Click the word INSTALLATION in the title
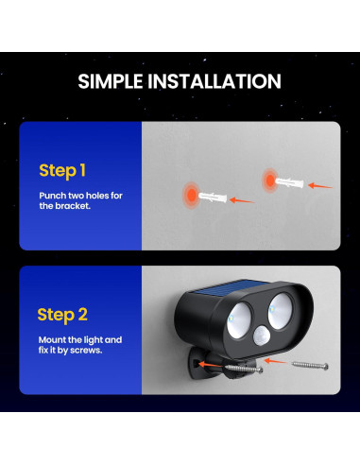pos(216,81)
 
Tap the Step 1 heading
pos(61,170)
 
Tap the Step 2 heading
pos(62,314)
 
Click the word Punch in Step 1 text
pos(52,195)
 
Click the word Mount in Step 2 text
pos(52,338)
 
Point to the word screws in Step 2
pos(86,350)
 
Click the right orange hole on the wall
pos(267,178)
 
